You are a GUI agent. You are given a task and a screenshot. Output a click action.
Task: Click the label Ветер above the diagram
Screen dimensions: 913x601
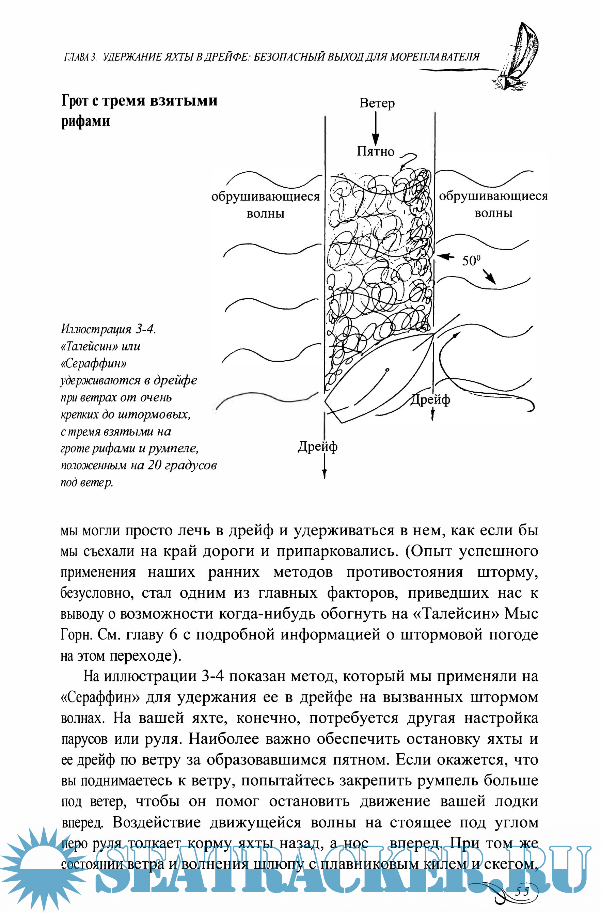point(377,103)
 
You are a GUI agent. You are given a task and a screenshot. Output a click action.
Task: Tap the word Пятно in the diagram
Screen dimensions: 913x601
point(375,152)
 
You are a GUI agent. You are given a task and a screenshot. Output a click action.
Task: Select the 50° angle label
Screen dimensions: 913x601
point(471,261)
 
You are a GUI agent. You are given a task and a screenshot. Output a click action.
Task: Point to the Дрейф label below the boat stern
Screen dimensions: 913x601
point(318,446)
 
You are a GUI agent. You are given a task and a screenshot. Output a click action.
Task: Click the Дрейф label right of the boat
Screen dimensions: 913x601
point(430,400)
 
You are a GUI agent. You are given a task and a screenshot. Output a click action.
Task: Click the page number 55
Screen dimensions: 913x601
point(522,892)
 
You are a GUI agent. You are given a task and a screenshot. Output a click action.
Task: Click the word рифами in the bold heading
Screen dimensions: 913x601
point(85,121)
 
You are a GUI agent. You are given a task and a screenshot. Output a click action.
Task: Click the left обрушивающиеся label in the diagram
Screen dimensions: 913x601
point(265,196)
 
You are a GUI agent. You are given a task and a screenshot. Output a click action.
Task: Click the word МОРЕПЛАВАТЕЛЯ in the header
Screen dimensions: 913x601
point(434,57)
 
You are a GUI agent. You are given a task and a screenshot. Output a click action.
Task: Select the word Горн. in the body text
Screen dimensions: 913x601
point(76,634)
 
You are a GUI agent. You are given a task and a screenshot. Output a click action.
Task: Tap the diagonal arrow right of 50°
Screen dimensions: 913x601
point(488,276)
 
